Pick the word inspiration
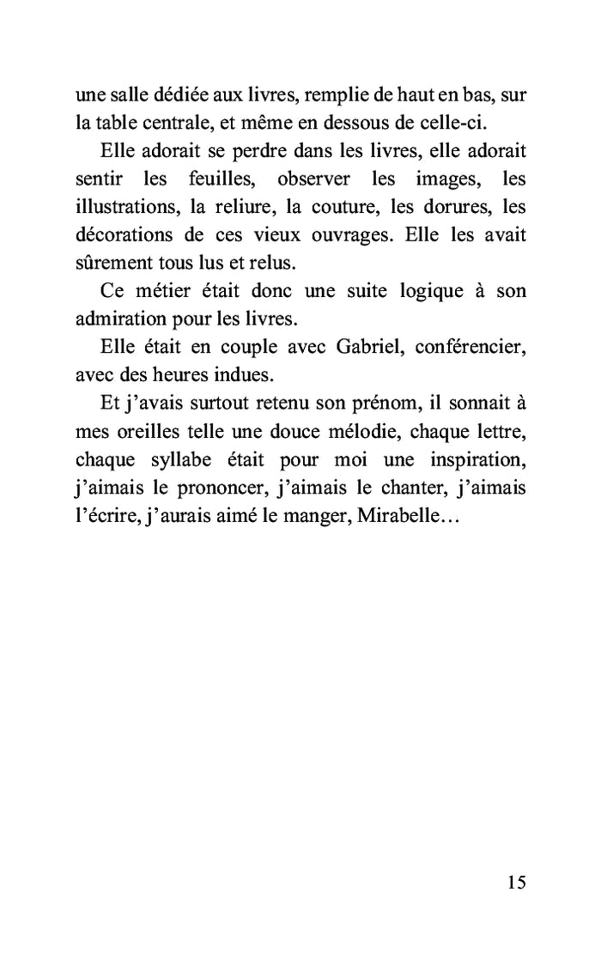tap(469, 464)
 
